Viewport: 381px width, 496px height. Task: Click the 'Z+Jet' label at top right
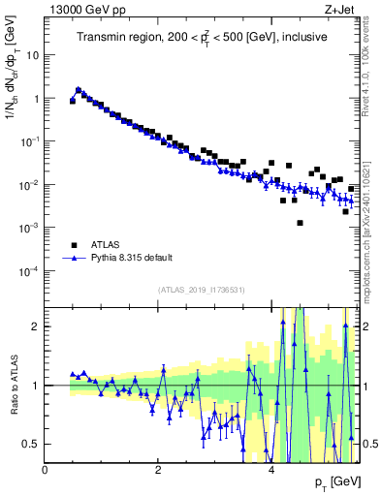point(345,9)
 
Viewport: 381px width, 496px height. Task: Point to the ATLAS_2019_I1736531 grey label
point(202,290)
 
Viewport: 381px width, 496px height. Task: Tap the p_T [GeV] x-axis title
point(337,481)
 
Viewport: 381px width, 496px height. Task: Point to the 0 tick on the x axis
point(46,470)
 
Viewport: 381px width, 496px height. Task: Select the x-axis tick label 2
point(158,470)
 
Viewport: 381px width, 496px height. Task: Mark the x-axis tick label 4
point(270,470)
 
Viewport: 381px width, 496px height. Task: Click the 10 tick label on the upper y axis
point(31,55)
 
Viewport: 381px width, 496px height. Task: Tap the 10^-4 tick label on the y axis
point(29,270)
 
